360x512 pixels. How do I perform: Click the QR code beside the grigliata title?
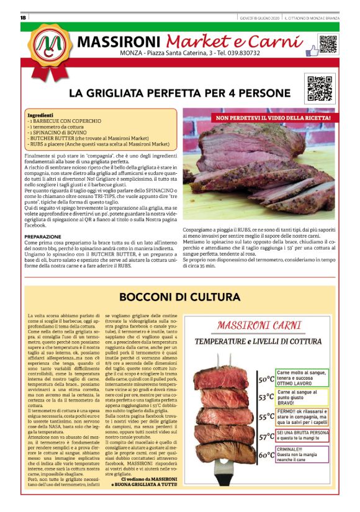coord(317,88)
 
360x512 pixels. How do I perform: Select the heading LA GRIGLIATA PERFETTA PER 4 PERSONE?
coord(179,93)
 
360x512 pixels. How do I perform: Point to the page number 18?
coord(23,17)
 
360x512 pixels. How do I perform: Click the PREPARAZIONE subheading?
coord(43,236)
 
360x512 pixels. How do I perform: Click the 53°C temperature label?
coord(266,397)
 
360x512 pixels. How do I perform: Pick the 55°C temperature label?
coord(266,416)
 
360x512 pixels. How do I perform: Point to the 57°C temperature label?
coord(266,436)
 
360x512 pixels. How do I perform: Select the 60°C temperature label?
coord(266,455)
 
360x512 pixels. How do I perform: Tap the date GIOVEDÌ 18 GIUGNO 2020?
coord(259,17)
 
